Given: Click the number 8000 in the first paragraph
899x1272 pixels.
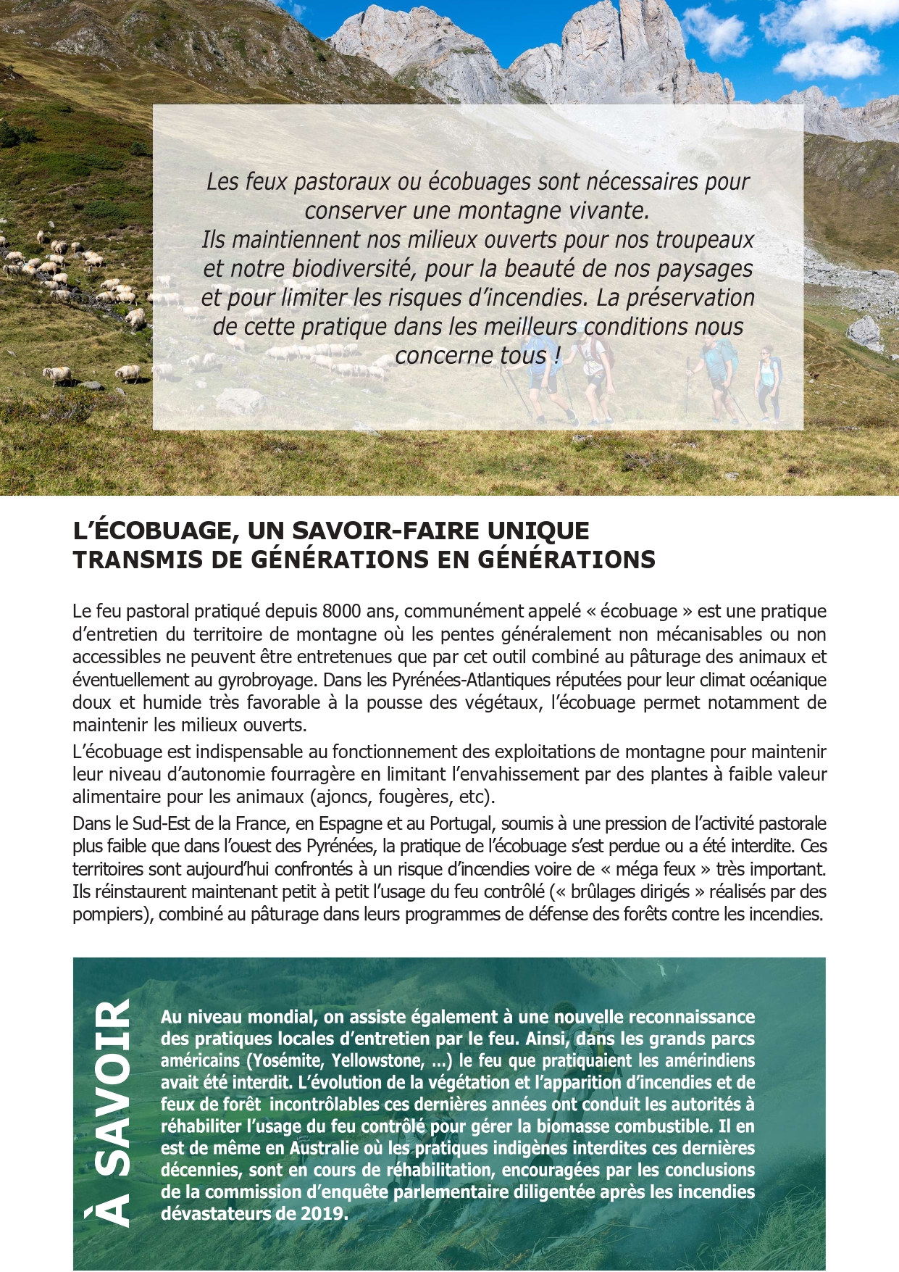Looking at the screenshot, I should pyautogui.click(x=341, y=612).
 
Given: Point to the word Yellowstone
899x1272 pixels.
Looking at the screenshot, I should pyautogui.click(x=377, y=1061).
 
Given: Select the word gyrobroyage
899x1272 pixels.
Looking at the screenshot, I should pyautogui.click(x=268, y=681).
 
